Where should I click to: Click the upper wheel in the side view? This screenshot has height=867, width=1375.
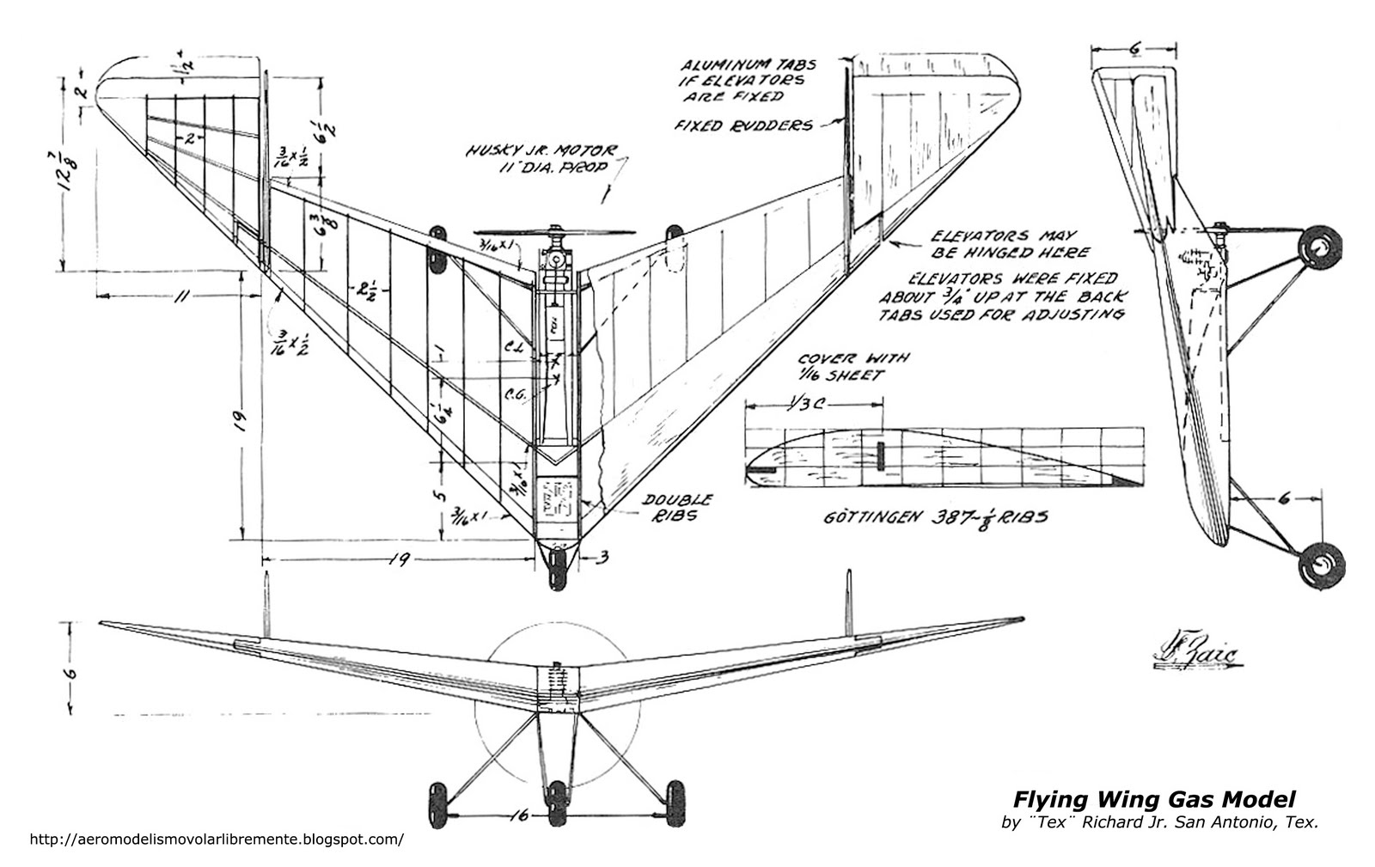[x=1317, y=248]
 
